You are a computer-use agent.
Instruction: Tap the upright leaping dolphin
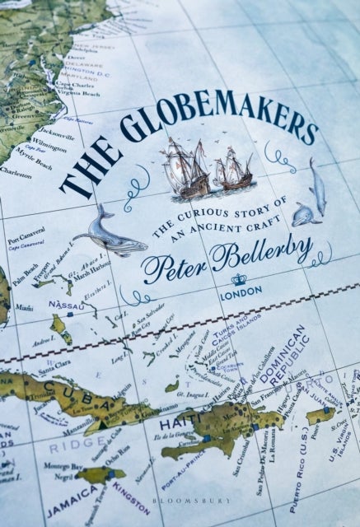(316, 185)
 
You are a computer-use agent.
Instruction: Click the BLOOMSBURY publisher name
(180, 519)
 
